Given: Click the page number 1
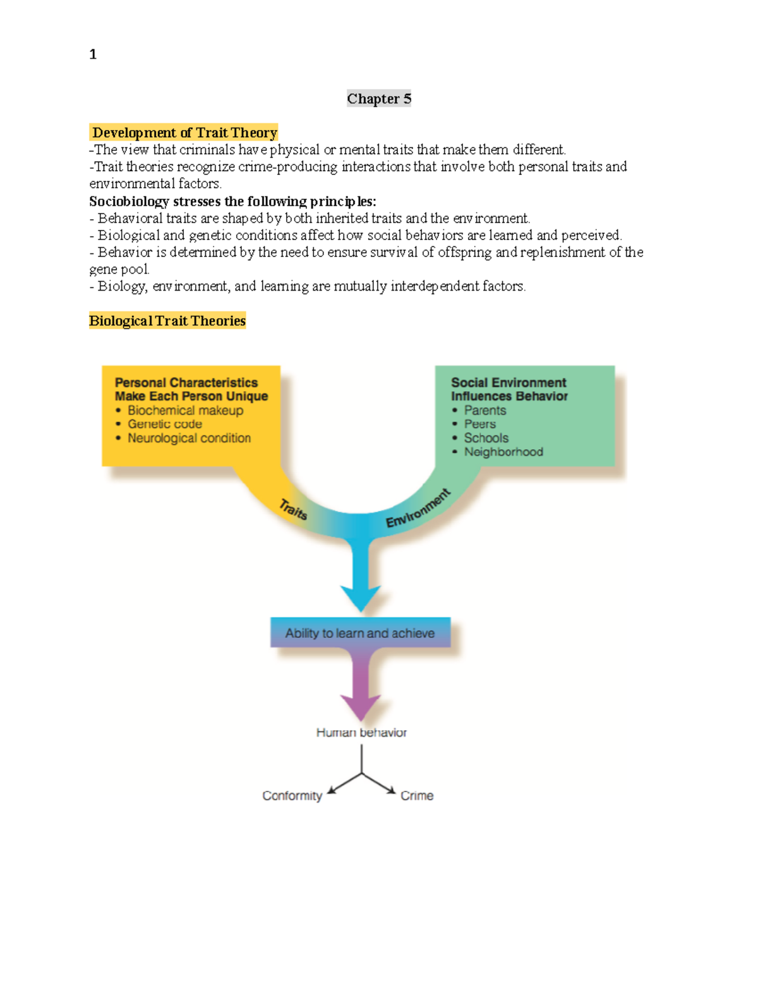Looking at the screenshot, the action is coord(93,54).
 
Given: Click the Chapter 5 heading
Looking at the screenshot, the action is coord(379,99).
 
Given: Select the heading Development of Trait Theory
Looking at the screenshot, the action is coord(184,133).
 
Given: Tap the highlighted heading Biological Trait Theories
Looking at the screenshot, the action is coord(167,320).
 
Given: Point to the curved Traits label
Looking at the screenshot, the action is coord(294,509).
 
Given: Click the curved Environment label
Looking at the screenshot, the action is coord(419,508).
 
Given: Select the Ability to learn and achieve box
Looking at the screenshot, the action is coord(360,632).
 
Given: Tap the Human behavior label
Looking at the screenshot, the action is coord(361,732).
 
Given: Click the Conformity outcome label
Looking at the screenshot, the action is coord(292,795).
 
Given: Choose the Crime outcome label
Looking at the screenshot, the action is coord(417,795).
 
